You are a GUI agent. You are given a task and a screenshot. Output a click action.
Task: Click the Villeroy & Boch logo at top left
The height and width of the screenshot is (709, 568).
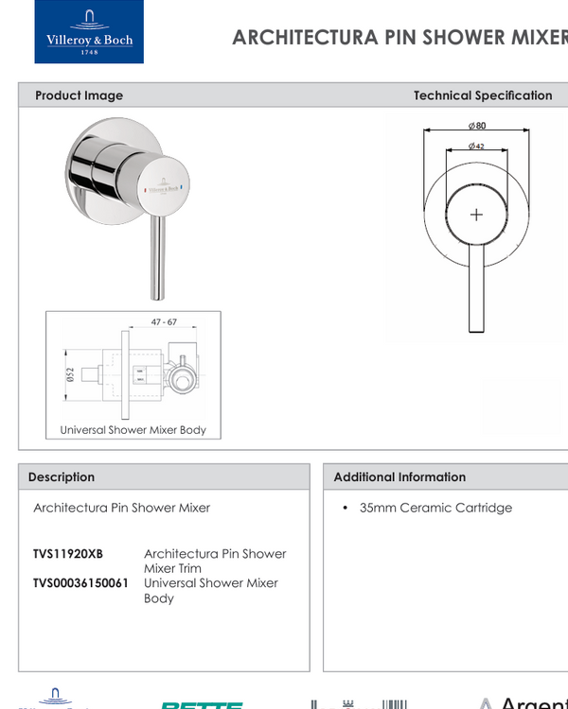[x=89, y=32]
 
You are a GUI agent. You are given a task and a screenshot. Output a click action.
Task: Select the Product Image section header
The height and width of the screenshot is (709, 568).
[x=79, y=95]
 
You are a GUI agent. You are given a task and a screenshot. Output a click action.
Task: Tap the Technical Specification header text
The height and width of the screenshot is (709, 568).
[x=483, y=95]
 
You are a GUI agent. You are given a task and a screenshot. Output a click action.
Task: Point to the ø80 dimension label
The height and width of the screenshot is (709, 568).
[x=476, y=126]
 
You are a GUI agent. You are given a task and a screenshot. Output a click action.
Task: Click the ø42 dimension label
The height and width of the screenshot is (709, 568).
[x=476, y=147]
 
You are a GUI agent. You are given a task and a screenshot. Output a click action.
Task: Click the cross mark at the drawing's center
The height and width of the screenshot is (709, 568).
[x=476, y=215]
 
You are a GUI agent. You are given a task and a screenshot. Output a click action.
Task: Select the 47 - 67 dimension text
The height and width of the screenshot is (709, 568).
[x=164, y=322]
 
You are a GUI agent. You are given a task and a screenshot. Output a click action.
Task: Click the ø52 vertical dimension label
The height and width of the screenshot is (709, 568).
[x=69, y=375]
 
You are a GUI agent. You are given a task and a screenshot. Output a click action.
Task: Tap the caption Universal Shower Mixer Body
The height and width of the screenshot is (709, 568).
[x=133, y=430]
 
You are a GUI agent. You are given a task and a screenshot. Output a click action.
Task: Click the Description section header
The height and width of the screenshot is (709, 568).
[x=62, y=477]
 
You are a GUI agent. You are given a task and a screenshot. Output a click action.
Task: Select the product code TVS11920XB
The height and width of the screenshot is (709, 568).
[x=68, y=554]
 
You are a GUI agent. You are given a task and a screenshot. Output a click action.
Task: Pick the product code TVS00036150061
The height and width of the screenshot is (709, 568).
[x=80, y=583]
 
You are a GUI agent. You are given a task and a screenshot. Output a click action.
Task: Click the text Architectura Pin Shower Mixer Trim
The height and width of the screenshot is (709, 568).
[x=214, y=561]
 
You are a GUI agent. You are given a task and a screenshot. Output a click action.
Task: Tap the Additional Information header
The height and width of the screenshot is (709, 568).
[x=399, y=477]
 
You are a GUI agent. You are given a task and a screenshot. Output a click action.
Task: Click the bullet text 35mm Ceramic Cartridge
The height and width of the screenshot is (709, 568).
[x=435, y=508]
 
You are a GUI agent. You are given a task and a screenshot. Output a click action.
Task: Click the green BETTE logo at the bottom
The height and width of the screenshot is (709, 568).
[x=202, y=704]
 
